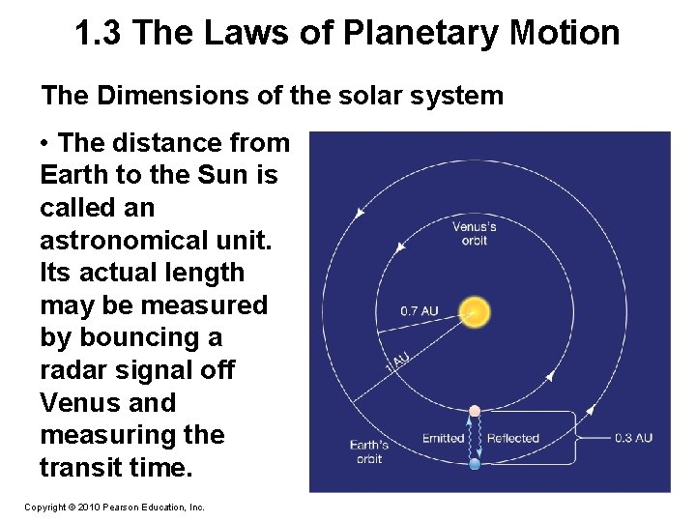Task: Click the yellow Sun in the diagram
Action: [474, 311]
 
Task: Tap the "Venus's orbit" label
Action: [475, 233]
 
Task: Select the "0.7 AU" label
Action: [420, 311]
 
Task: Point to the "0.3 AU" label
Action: [633, 438]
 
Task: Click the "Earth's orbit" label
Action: [369, 451]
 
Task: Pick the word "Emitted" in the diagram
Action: [443, 438]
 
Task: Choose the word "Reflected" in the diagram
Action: [512, 438]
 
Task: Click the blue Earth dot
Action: [475, 464]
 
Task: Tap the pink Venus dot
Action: [475, 411]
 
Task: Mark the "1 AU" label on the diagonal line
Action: [398, 360]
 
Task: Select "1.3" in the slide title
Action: [100, 34]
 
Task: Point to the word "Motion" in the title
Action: [567, 34]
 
